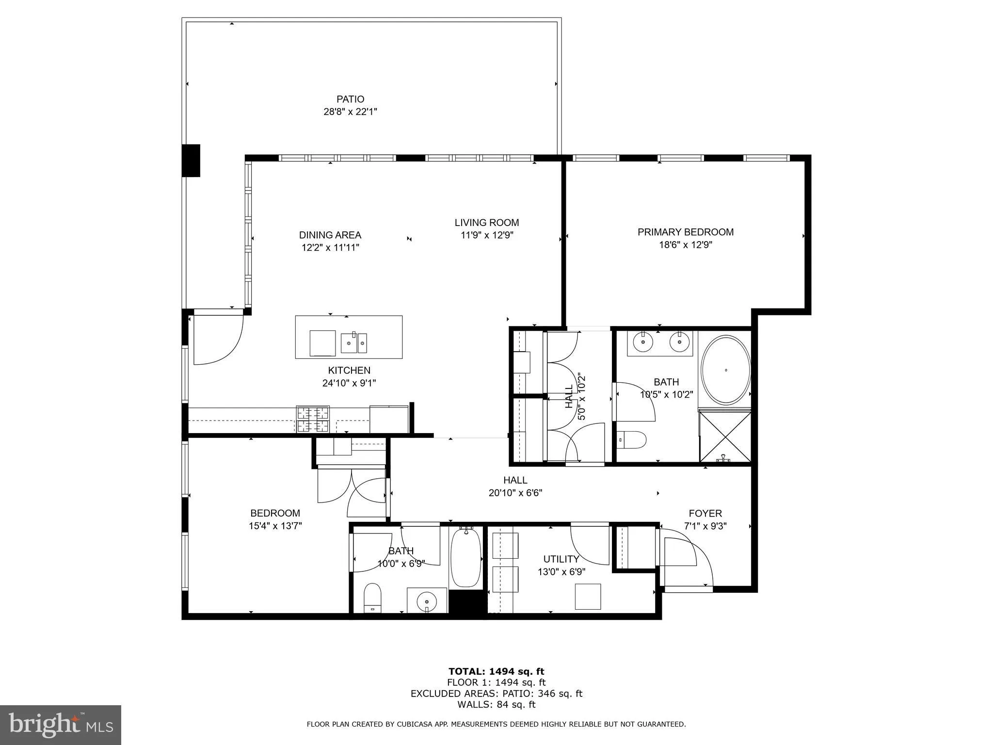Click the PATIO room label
point(350,99)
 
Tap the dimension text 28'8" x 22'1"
point(350,112)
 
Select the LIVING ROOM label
point(486,223)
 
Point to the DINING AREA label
point(330,235)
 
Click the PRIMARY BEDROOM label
point(685,232)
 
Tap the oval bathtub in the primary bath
point(726,370)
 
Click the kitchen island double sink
point(354,343)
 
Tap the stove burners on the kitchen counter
point(313,420)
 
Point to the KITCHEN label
point(349,371)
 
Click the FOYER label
point(705,513)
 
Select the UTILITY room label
point(561,559)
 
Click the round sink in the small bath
point(427,601)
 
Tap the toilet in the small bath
point(372,598)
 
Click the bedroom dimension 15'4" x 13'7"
point(275,526)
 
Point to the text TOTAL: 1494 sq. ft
point(496,671)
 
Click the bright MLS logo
point(60,725)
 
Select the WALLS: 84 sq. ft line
point(496,705)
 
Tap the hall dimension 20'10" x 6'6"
point(515,493)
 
